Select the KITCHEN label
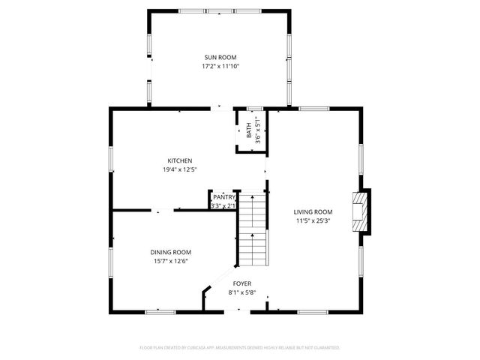click(x=180, y=160)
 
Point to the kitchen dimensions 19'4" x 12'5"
click(x=180, y=169)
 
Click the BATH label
click(x=249, y=130)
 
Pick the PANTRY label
click(x=223, y=197)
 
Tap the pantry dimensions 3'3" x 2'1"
click(x=223, y=205)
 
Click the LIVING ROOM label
click(x=312, y=212)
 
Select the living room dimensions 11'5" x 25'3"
click(x=312, y=221)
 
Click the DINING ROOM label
click(x=171, y=252)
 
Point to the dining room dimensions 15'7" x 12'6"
click(x=171, y=261)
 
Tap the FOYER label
click(x=242, y=283)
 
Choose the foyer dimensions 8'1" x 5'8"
click(x=242, y=292)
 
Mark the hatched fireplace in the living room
click(x=361, y=211)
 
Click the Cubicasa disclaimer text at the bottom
click(x=240, y=348)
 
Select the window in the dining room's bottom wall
click(x=160, y=311)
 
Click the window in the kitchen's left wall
click(x=111, y=158)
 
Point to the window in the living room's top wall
click(x=313, y=109)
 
